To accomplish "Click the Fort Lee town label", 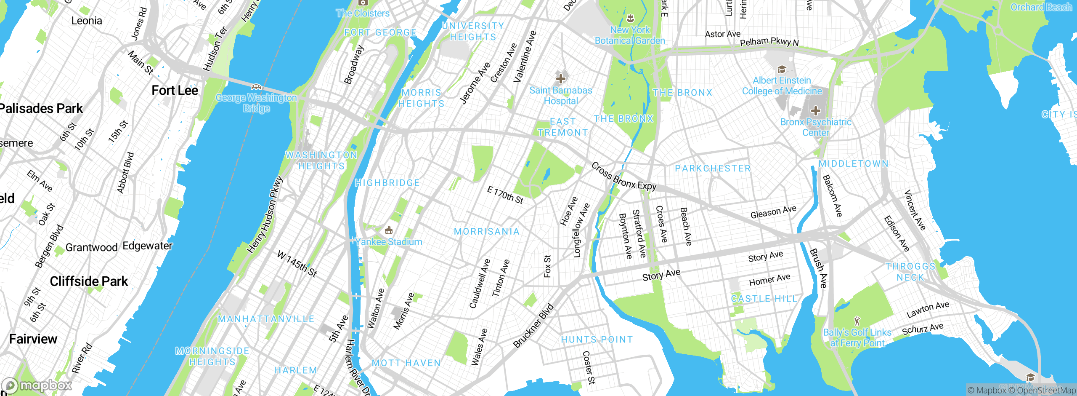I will click(x=175, y=91).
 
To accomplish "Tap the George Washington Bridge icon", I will click(x=256, y=87).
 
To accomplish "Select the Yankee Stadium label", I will click(x=389, y=242).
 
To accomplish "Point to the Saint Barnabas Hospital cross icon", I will click(x=560, y=78).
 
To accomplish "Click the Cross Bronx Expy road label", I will click(x=623, y=176).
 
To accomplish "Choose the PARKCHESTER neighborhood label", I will click(x=713, y=169).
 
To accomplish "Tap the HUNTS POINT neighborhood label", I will click(x=597, y=340).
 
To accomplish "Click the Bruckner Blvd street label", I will click(x=533, y=326).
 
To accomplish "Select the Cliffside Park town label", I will click(x=89, y=281).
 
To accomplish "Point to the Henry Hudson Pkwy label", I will click(x=265, y=215).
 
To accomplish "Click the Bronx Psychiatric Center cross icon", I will click(x=816, y=111).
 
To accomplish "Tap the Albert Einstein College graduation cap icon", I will click(x=782, y=70).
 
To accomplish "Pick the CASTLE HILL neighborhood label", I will click(x=764, y=299).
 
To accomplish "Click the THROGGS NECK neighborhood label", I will click(x=910, y=272).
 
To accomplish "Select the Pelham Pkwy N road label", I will click(x=769, y=42).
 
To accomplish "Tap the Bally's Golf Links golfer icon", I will click(x=857, y=321).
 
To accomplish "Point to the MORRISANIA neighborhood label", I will click(x=487, y=231).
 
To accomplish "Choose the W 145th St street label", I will click(x=297, y=264).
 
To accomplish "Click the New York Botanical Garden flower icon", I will click(x=630, y=19).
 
